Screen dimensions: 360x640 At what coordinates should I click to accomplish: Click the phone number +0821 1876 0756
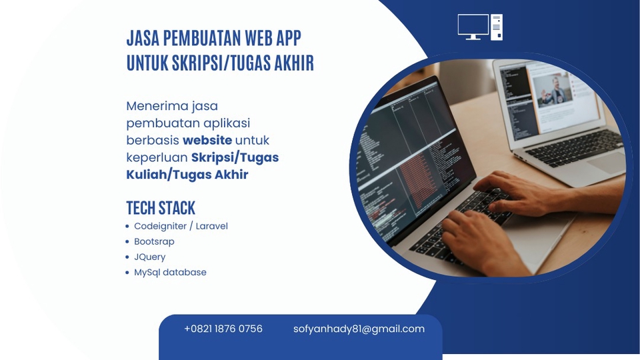pyautogui.click(x=223, y=329)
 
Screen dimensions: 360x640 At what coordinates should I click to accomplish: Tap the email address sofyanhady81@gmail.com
pyautogui.click(x=359, y=329)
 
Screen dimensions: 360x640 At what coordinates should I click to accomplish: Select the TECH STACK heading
pyautogui.click(x=161, y=207)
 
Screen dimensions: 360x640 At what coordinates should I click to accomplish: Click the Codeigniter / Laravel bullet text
pyautogui.click(x=181, y=226)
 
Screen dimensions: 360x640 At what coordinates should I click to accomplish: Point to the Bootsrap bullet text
pyautogui.click(x=154, y=241)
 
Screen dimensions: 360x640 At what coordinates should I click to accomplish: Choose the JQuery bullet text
pyautogui.click(x=149, y=257)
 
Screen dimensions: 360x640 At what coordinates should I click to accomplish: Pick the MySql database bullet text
pyautogui.click(x=170, y=272)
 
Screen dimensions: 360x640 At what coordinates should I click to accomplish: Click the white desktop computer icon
pyautogui.click(x=480, y=27)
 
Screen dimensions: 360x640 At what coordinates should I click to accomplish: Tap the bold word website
pyautogui.click(x=207, y=140)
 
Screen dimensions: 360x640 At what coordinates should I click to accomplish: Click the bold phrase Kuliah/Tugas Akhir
pyautogui.click(x=187, y=175)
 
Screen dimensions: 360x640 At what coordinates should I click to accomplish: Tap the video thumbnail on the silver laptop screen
pyautogui.click(x=555, y=90)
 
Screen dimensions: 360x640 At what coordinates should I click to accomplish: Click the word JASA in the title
pyautogui.click(x=143, y=37)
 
